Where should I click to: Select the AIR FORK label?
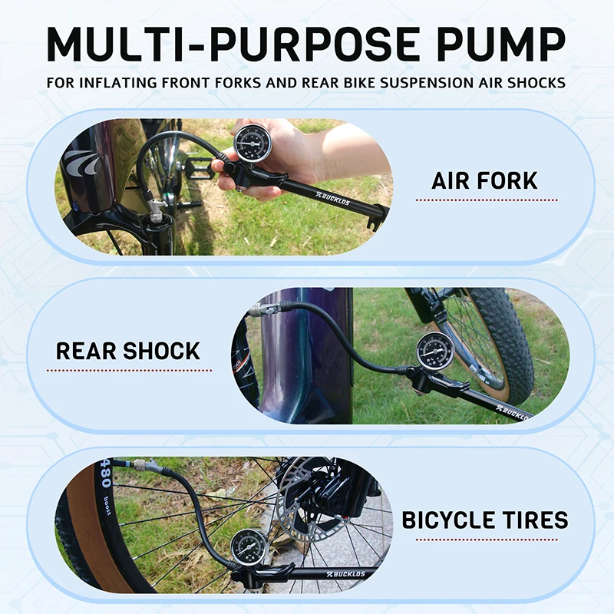click(484, 182)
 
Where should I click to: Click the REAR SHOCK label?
click(128, 352)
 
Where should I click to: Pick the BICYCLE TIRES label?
click(485, 520)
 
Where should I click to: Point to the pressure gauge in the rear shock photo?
click(435, 351)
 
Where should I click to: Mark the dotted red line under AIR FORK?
click(486, 200)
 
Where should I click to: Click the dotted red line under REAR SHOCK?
click(128, 370)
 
